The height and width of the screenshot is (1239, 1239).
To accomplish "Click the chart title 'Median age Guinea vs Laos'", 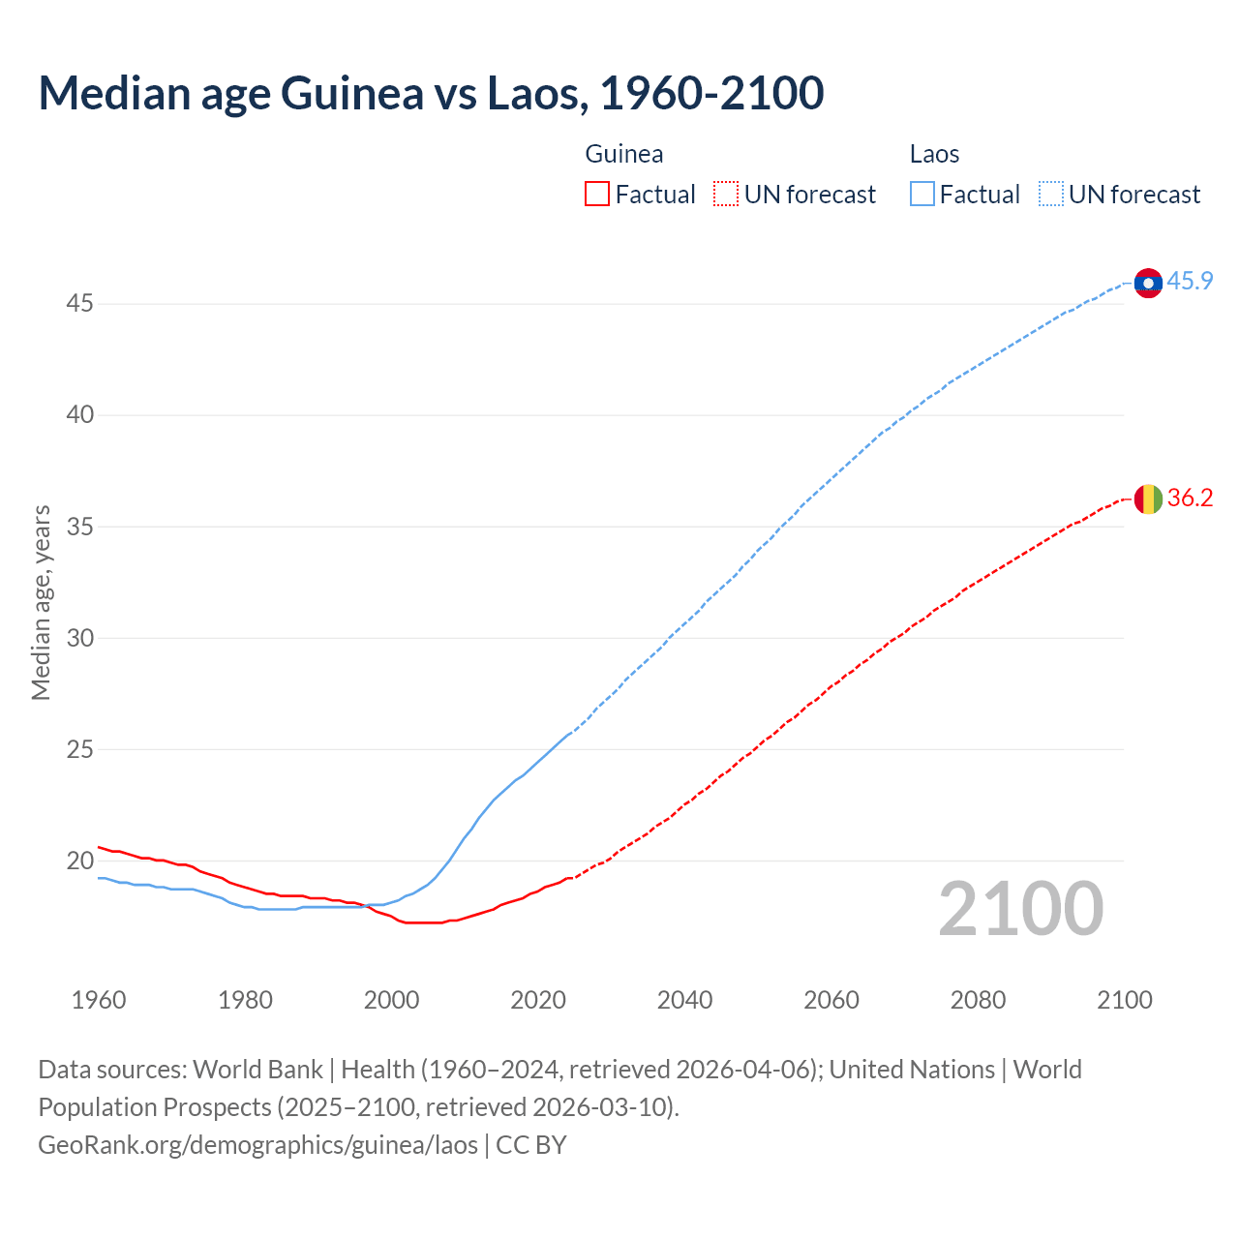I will click(431, 93).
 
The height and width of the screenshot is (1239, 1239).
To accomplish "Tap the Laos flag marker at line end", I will click(1148, 283).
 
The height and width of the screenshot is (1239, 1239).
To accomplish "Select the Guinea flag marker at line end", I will click(1148, 499).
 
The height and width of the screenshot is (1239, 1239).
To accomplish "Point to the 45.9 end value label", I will click(1190, 282).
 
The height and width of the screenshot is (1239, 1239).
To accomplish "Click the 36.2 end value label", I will click(1190, 499).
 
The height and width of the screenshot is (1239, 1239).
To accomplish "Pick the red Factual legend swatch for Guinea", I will click(597, 195).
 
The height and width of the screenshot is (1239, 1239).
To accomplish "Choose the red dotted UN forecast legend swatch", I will click(726, 195).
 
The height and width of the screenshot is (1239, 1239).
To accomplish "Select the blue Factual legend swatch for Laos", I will click(922, 195).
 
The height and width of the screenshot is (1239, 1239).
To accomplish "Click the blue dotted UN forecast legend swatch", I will click(1051, 195).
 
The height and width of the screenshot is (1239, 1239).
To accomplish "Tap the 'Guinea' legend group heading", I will click(624, 154).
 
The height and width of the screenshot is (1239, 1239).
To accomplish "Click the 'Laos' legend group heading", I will click(934, 154).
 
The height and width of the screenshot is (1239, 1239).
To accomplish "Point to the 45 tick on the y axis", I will click(79, 304).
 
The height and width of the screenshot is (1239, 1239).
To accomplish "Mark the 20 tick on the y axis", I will click(79, 861).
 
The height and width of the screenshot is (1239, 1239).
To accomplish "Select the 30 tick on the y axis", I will click(79, 638).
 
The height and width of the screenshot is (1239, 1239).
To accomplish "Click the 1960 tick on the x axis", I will click(99, 1000).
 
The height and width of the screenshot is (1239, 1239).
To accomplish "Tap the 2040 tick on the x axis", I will click(684, 1000).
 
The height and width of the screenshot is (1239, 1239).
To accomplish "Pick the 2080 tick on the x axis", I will click(978, 1000).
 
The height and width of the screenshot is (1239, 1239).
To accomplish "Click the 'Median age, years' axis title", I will click(41, 602).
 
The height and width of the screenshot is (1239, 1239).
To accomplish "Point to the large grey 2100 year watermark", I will click(1021, 909).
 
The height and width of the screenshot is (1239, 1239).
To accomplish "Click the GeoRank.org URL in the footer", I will click(257, 1145).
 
